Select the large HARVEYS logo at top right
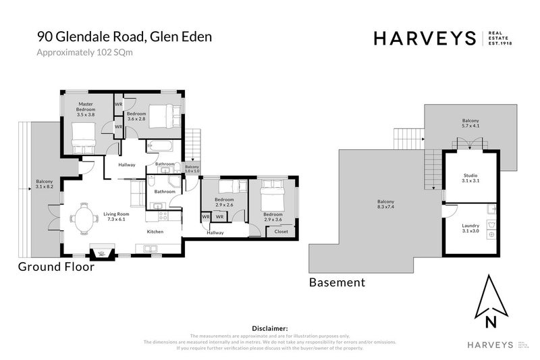[425, 38]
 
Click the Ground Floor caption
[55, 267]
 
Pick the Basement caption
[337, 282]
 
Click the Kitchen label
[156, 232]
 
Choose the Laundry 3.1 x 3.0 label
[470, 228]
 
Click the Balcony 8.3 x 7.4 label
[385, 205]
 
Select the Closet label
[281, 232]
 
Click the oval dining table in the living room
[85, 217]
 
